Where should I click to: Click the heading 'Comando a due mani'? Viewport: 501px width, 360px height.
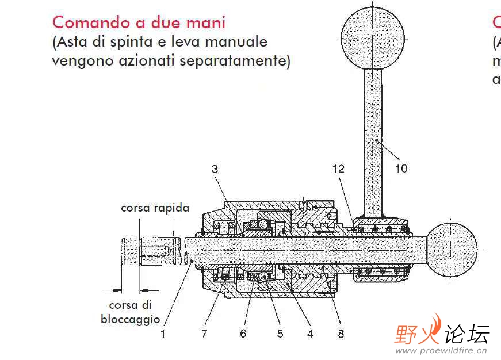pyautogui.click(x=139, y=22)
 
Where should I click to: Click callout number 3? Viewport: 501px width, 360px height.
pyautogui.click(x=215, y=169)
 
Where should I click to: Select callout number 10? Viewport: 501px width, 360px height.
pyautogui.click(x=401, y=168)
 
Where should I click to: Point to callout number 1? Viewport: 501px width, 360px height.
pyautogui.click(x=163, y=334)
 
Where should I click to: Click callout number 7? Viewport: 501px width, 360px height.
pyautogui.click(x=204, y=334)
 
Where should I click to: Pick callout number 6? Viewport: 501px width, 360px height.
pyautogui.click(x=243, y=334)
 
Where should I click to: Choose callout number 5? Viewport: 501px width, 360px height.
pyautogui.click(x=280, y=334)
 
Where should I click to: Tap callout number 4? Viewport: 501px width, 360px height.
pyautogui.click(x=311, y=334)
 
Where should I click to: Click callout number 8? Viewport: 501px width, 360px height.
pyautogui.click(x=341, y=334)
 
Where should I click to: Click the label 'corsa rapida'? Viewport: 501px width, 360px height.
pyautogui.click(x=155, y=208)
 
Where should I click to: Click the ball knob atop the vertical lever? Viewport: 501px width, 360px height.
pyautogui.click(x=372, y=35)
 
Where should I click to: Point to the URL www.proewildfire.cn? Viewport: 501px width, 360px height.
pyautogui.click(x=442, y=350)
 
